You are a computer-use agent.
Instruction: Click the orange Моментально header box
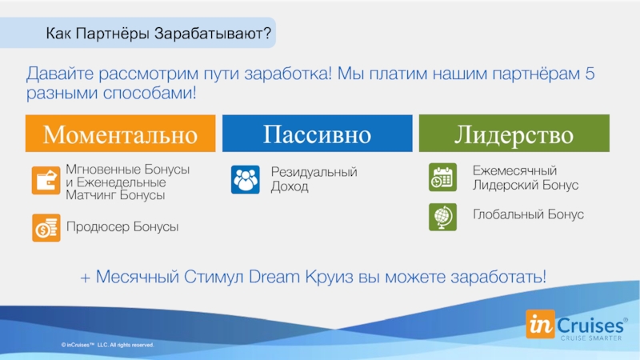click(121, 134)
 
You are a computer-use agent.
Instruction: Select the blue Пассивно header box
click(317, 134)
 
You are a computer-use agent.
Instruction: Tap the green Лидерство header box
click(514, 134)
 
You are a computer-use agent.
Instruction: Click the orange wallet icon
click(46, 181)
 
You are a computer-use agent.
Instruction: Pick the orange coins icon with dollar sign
click(46, 228)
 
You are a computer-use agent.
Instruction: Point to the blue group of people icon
click(246, 179)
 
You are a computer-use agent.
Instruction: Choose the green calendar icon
click(443, 177)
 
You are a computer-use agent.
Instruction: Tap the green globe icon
click(443, 217)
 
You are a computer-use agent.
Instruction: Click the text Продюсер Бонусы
click(122, 227)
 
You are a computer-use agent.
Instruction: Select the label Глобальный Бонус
click(528, 214)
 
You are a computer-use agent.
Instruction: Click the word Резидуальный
click(314, 172)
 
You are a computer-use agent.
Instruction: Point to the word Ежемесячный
click(514, 170)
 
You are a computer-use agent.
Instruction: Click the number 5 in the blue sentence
click(590, 74)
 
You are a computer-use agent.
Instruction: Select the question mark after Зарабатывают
click(267, 33)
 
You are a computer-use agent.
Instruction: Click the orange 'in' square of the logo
click(540, 324)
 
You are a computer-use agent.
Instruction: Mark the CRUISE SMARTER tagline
click(591, 338)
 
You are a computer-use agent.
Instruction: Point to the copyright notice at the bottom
click(107, 345)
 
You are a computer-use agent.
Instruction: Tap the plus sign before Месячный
click(85, 278)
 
